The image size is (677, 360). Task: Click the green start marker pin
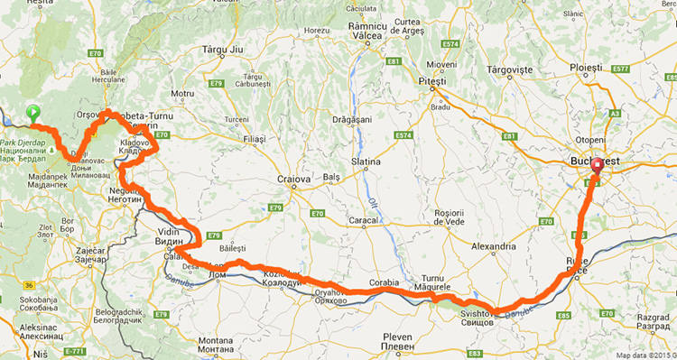click(33, 114)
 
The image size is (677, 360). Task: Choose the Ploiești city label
click(591, 68)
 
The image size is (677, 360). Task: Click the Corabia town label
click(384, 282)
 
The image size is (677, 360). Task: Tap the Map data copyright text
click(643, 353)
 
